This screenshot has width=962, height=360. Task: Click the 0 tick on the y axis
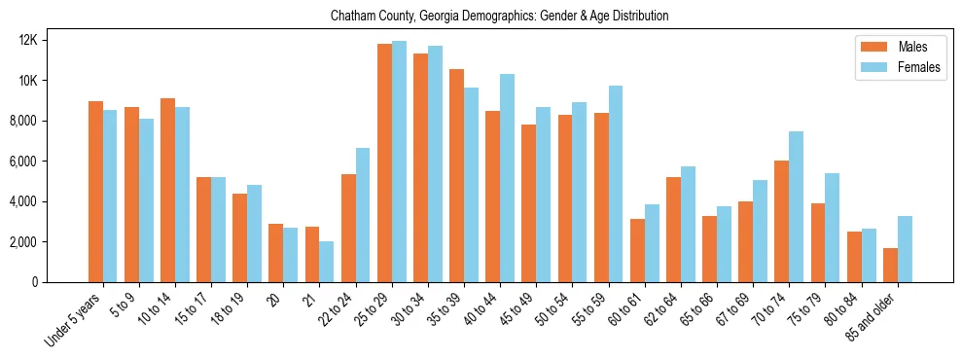coord(60,282)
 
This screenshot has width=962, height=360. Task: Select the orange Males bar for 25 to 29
coord(384,162)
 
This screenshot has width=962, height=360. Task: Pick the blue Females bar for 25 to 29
coord(399,162)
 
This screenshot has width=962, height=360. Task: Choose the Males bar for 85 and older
coord(890,265)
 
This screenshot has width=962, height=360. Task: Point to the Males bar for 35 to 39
coord(456,175)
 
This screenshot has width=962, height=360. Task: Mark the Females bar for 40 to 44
coord(507,178)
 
